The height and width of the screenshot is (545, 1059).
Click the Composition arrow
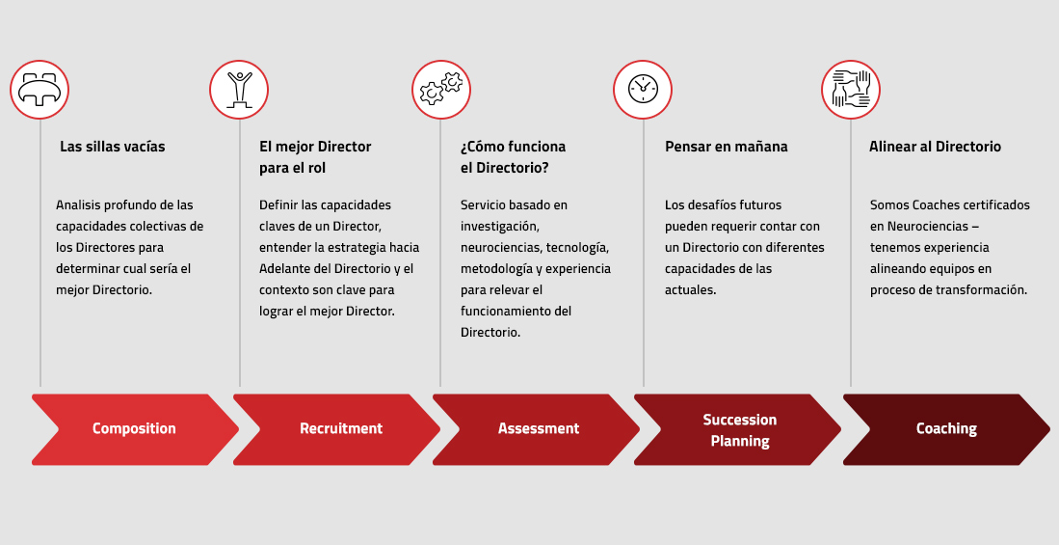coord(135,429)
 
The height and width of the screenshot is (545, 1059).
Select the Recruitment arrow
coord(336,429)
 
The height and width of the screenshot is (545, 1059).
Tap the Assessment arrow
coord(537,429)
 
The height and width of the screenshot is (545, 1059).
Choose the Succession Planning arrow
coord(737,429)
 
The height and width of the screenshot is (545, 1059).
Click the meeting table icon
coord(40,90)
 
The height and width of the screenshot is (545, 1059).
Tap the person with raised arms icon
coord(239,90)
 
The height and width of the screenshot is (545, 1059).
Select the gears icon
coord(441,89)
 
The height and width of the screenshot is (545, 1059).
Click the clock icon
coord(643,90)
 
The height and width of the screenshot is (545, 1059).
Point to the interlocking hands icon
coord(851,90)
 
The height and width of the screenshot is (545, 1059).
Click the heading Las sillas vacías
coord(112,146)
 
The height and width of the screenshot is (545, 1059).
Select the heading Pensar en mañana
coord(726,146)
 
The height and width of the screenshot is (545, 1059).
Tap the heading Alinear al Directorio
coord(935,146)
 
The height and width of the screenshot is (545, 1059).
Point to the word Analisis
coord(78,204)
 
